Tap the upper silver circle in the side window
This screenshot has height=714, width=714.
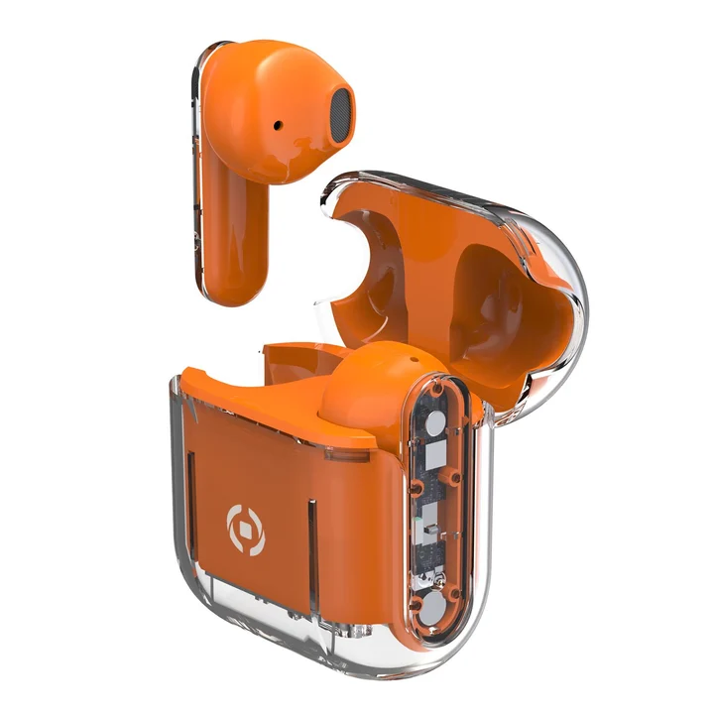click(433, 427)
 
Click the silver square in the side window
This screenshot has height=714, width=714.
click(436, 458)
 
